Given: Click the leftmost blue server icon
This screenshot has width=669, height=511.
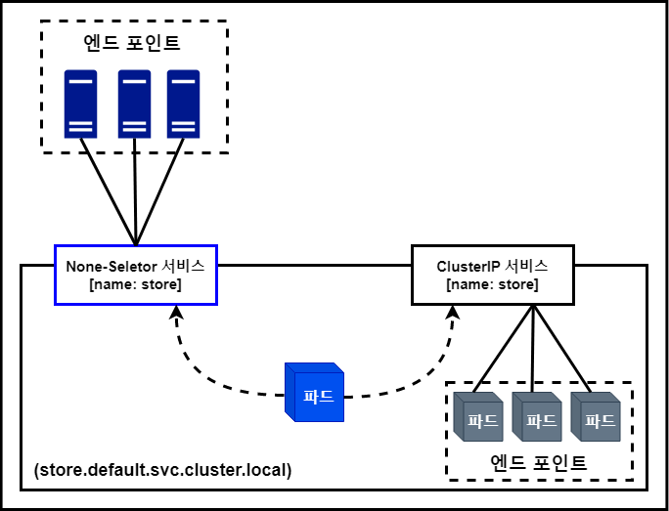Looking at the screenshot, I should [81, 103].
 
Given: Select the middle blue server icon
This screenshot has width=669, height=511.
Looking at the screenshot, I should [134, 103].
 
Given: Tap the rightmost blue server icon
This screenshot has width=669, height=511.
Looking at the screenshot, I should [183, 103].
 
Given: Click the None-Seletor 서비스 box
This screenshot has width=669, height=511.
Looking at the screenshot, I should [135, 274].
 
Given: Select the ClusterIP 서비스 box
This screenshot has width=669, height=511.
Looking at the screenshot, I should [491, 274].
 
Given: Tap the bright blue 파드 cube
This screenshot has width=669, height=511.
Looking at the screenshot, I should [315, 394].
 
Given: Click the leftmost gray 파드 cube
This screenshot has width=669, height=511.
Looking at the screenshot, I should [479, 418].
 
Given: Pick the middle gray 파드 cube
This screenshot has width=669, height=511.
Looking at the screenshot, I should [537, 418].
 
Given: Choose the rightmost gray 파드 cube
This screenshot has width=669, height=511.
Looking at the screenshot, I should [595, 418].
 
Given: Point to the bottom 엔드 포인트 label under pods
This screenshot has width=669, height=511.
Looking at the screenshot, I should [539, 461].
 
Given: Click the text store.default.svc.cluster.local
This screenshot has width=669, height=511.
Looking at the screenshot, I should [162, 470].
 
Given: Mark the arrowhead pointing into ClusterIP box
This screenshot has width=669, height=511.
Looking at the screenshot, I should [454, 314].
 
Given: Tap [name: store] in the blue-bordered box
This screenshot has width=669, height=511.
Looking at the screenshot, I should [135, 285].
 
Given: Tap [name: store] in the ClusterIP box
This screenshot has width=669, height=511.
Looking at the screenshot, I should [491, 285].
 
